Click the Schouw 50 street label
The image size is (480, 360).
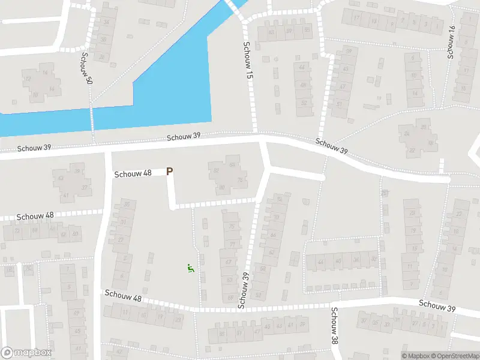click(x=85, y=72)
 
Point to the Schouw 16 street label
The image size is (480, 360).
click(x=451, y=43)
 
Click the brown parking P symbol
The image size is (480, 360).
click(x=170, y=172)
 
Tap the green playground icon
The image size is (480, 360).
click(x=191, y=269)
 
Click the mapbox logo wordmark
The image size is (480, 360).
click(x=26, y=353)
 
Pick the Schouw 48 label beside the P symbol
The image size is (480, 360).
click(x=133, y=173)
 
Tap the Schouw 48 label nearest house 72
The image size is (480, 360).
click(x=35, y=216)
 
